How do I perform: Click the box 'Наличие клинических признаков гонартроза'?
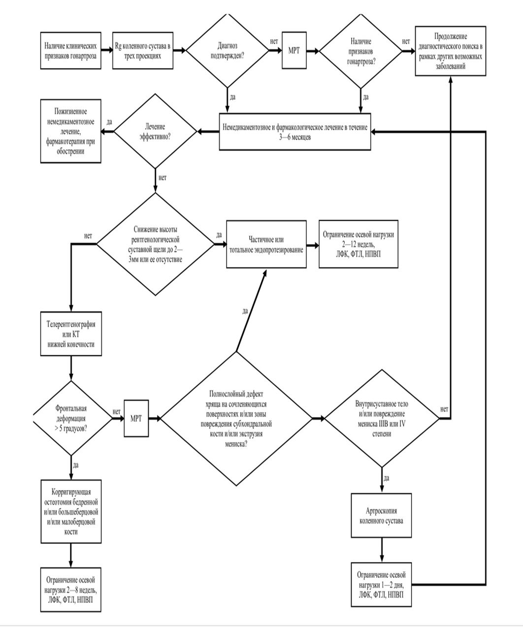pyautogui.click(x=70, y=51)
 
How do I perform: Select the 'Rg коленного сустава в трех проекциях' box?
pyautogui.click(x=143, y=51)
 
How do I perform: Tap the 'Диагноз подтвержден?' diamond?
pyautogui.click(x=228, y=50)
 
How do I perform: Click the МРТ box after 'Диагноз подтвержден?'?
pyautogui.click(x=294, y=50)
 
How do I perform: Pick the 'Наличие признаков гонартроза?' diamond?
pyautogui.click(x=360, y=51)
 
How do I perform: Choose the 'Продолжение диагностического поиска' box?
pyautogui.click(x=450, y=51)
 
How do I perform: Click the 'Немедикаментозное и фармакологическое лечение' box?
pyautogui.click(x=295, y=132)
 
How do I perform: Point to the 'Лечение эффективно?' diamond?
pyautogui.click(x=155, y=131)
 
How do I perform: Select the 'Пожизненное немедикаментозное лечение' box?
pyautogui.click(x=70, y=131)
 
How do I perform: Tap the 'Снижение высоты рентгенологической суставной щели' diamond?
pyautogui.click(x=155, y=244)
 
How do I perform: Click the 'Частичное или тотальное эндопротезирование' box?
pyautogui.click(x=266, y=244)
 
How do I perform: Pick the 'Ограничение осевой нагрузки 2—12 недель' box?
pyautogui.click(x=359, y=244)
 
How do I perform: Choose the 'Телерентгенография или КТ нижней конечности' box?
pyautogui.click(x=71, y=334)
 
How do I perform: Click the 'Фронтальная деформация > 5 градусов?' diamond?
pyautogui.click(x=71, y=418)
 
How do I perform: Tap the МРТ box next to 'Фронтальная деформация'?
pyautogui.click(x=136, y=418)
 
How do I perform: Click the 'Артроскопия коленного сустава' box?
pyautogui.click(x=381, y=515)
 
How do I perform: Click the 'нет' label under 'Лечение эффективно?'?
pyautogui.click(x=163, y=178)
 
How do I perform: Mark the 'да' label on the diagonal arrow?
pyautogui.click(x=245, y=311)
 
